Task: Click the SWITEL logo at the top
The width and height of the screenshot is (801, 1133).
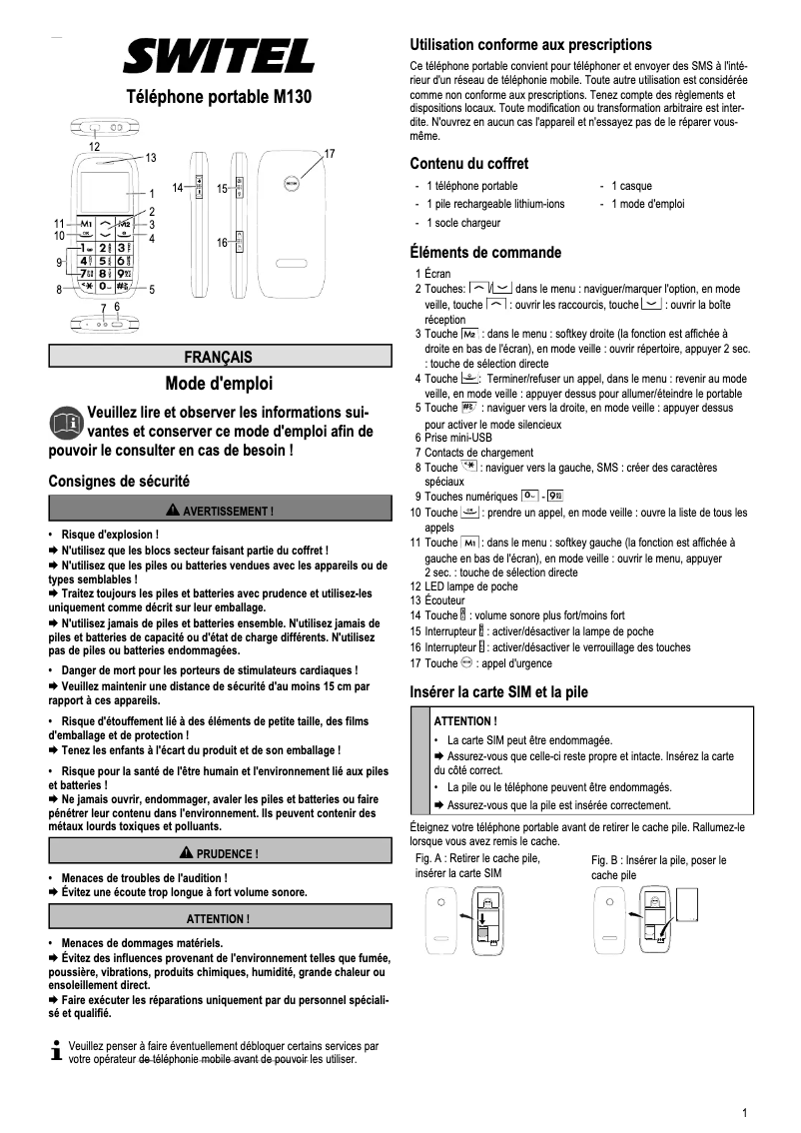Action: (218, 57)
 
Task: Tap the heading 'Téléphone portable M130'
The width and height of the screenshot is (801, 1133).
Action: (219, 98)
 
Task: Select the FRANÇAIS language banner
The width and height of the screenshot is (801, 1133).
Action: (219, 357)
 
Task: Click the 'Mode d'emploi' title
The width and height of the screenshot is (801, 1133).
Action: (219, 384)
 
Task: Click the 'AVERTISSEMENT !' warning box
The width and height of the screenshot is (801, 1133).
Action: (219, 512)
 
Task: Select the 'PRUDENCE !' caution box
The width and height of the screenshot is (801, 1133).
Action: (219, 853)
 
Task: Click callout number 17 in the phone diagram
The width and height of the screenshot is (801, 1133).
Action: (330, 153)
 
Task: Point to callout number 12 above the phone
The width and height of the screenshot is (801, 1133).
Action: (94, 146)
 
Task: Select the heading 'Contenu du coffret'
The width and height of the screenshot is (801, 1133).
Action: (469, 164)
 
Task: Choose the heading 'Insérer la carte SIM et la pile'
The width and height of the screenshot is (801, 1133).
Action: (499, 691)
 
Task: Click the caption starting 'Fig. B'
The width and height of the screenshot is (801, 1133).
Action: (658, 866)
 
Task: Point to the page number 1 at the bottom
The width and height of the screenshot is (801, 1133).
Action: (745, 1113)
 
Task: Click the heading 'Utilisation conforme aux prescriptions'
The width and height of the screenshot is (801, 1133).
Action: (530, 45)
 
